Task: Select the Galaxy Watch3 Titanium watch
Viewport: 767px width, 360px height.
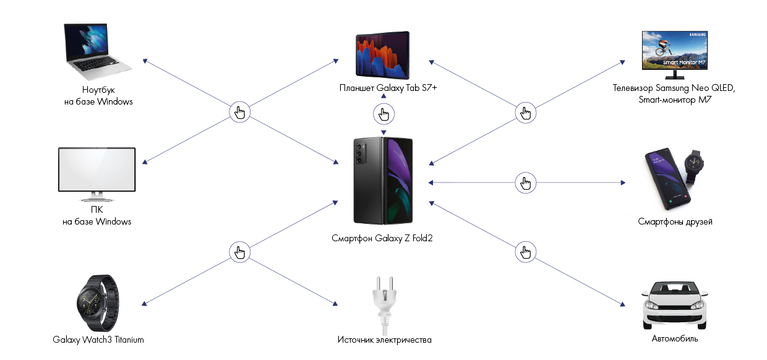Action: click(98, 304)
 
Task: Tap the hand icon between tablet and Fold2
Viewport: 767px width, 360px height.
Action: click(383, 114)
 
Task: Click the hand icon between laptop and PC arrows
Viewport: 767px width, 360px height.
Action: click(240, 113)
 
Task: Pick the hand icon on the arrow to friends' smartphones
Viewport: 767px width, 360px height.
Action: click(526, 182)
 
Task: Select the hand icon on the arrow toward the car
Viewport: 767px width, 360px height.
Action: click(526, 252)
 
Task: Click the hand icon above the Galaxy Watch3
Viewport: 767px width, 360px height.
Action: click(240, 252)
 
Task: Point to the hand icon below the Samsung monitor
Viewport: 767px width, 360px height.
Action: click(526, 113)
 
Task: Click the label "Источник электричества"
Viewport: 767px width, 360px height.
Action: click(384, 340)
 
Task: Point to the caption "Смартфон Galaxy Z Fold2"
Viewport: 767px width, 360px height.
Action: click(382, 238)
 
